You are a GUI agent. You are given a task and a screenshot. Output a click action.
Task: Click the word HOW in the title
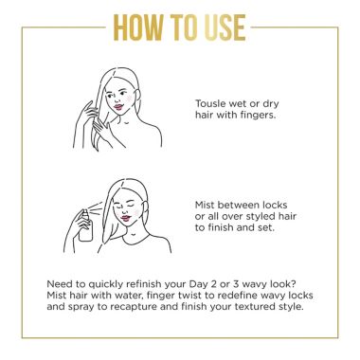pyautogui.click(x=138, y=27)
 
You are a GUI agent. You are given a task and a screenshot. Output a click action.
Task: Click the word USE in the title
pyautogui.click(x=225, y=27)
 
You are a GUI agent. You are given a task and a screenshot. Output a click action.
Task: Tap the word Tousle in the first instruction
pyautogui.click(x=210, y=103)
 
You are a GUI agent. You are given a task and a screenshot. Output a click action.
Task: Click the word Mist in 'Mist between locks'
pyautogui.click(x=205, y=205)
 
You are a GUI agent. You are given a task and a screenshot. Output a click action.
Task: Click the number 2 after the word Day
pyautogui.click(x=214, y=284)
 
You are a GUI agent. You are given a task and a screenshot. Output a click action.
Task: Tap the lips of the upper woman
pyautogui.click(x=118, y=107)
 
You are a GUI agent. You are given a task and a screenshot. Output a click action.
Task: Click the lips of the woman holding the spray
pyautogui.click(x=126, y=218)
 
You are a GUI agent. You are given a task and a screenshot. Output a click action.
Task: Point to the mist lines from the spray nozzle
pyautogui.click(x=97, y=207)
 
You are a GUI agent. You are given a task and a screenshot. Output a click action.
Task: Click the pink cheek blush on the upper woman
pyautogui.click(x=129, y=99)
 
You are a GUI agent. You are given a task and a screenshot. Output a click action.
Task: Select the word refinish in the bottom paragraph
pyautogui.click(x=143, y=284)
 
